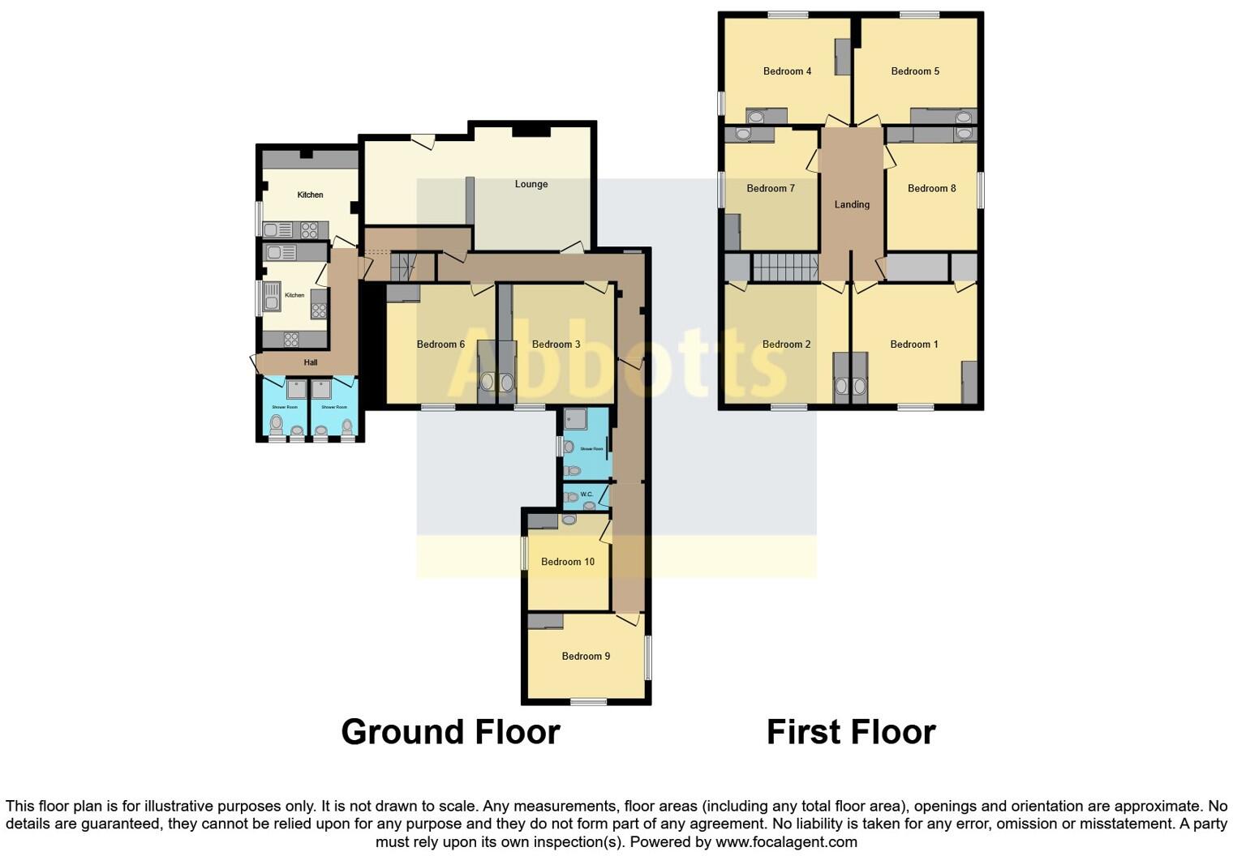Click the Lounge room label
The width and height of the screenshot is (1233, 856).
(x=531, y=184)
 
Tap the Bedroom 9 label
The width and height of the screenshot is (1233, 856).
(x=586, y=656)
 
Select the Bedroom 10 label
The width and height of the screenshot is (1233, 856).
(x=568, y=562)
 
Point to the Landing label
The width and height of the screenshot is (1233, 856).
(x=852, y=204)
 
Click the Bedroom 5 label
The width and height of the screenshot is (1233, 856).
(x=915, y=71)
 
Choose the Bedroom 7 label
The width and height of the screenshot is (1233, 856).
(x=771, y=188)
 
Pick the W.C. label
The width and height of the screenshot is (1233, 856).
(x=587, y=494)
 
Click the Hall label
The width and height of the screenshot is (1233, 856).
(x=311, y=362)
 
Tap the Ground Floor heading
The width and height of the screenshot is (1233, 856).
(x=450, y=732)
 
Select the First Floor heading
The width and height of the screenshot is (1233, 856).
(x=851, y=732)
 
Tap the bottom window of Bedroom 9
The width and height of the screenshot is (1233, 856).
(x=588, y=702)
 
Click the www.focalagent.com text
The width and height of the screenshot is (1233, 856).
(x=786, y=841)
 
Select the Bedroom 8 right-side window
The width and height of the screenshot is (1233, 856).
(x=980, y=190)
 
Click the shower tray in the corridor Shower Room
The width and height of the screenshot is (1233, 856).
(x=577, y=418)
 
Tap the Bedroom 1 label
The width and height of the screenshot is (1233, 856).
(x=914, y=345)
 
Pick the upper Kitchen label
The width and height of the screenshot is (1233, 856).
(x=310, y=195)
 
